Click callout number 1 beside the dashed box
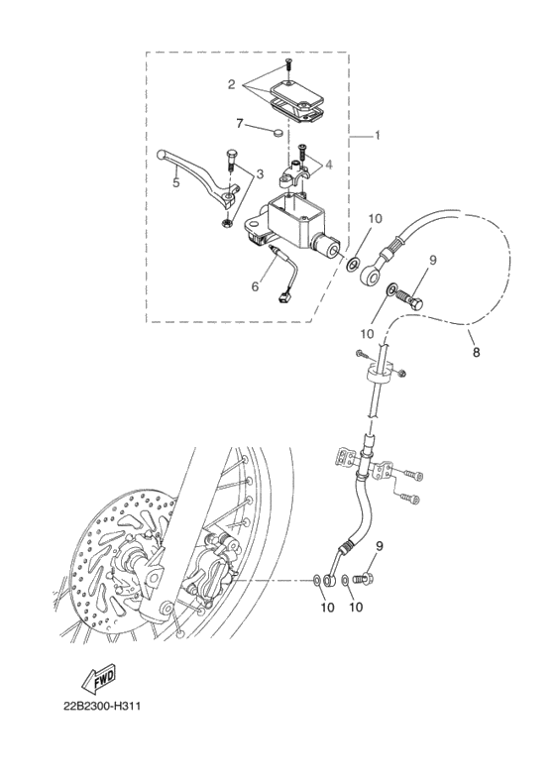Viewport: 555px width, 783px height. (379, 135)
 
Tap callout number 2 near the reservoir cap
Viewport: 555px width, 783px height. (231, 85)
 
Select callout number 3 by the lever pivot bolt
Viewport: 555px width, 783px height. (260, 174)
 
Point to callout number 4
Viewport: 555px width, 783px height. (329, 164)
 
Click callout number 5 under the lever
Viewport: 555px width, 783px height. (174, 181)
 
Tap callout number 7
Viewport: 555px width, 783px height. (239, 123)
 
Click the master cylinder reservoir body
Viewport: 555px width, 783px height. (297, 224)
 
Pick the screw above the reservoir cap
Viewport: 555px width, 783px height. (286, 64)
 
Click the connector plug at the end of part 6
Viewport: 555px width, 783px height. (286, 294)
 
